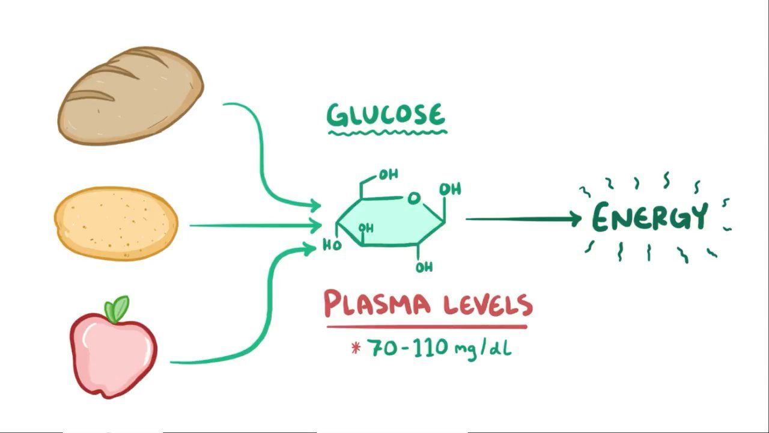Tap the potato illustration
pyautogui.click(x=116, y=223)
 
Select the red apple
pyautogui.click(x=112, y=355)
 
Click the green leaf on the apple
pyautogui.click(x=118, y=309)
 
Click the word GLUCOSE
pyautogui.click(x=386, y=114)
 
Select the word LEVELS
pyautogui.click(x=488, y=305)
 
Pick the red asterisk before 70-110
pyautogui.click(x=356, y=348)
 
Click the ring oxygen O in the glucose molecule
pyautogui.click(x=413, y=198)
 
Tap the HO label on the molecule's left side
pyautogui.click(x=332, y=245)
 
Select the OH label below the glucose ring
pyautogui.click(x=424, y=266)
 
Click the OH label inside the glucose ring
pyautogui.click(x=366, y=229)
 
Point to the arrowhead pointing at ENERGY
pyautogui.click(x=574, y=219)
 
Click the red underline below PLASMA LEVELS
pyautogui.click(x=427, y=327)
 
